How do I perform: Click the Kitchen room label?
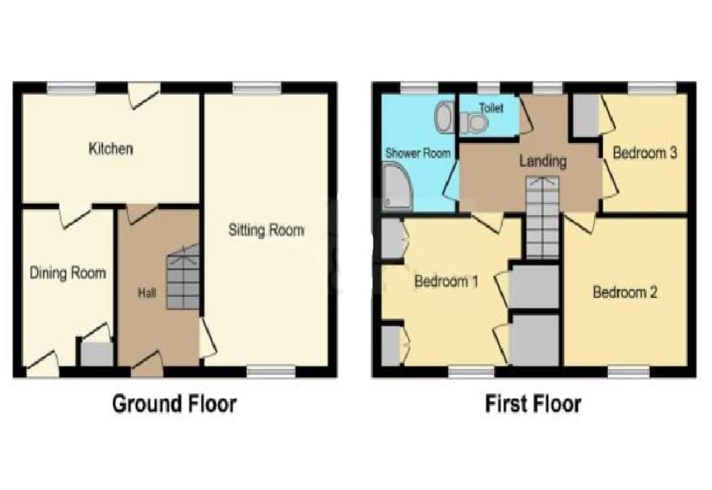tap(111, 149)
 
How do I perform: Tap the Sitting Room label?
tap(266, 230)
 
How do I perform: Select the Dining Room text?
tap(68, 272)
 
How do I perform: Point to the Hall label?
tap(146, 293)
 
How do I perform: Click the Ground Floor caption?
tap(174, 404)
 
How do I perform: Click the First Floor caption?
tap(534, 404)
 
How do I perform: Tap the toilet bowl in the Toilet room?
tap(474, 122)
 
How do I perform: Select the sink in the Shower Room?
tap(443, 117)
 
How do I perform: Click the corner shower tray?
tap(398, 187)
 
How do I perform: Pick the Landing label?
tap(543, 161)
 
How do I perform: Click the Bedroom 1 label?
tap(446, 281)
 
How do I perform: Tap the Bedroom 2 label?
tap(625, 292)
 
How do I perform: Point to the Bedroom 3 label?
tap(645, 153)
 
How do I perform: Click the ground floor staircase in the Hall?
tap(183, 277)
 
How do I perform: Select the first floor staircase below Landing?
tap(542, 218)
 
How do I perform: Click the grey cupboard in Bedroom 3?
tap(587, 116)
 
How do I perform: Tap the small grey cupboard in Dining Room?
tap(96, 354)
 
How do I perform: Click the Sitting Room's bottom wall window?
tap(271, 372)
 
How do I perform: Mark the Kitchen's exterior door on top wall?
tap(144, 96)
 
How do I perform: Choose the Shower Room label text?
tap(418, 153)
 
